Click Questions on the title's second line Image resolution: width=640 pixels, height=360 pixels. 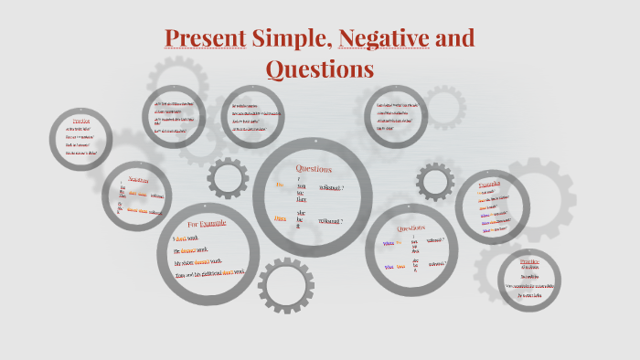(x=319, y=69)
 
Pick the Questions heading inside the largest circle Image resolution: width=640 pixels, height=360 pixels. (x=314, y=169)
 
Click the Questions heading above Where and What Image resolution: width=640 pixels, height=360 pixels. (x=411, y=228)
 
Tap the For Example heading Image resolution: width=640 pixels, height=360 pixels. (x=207, y=225)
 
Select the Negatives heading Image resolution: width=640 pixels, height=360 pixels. (x=138, y=180)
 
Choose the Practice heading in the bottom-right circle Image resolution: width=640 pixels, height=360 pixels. (x=529, y=260)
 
